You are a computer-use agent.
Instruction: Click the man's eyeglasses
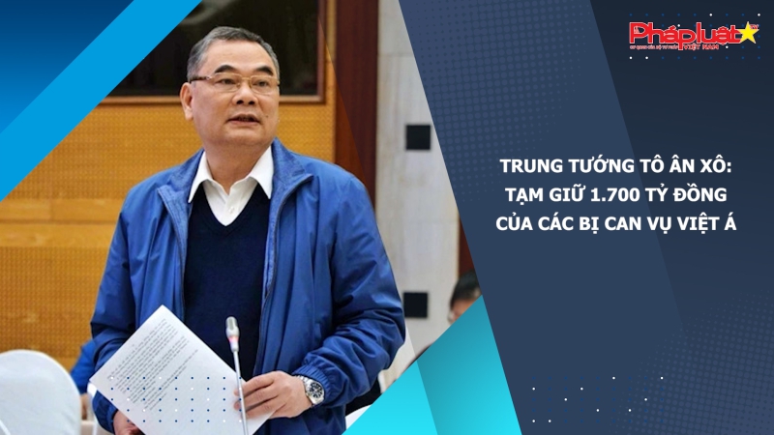click(x=234, y=84)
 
